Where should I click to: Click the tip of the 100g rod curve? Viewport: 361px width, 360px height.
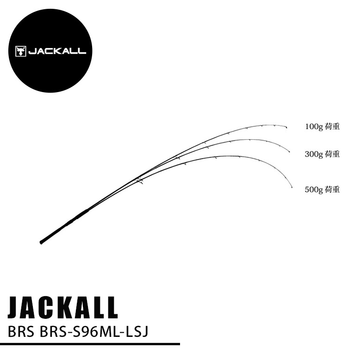(287, 127)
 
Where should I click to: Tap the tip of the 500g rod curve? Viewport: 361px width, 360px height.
(292, 188)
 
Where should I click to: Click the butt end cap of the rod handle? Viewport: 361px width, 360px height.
(41, 242)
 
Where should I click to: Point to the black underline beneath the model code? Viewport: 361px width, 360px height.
(90, 344)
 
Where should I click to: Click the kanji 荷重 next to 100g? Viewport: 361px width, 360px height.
(332, 126)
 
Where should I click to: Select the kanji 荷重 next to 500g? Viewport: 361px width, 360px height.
(332, 189)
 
